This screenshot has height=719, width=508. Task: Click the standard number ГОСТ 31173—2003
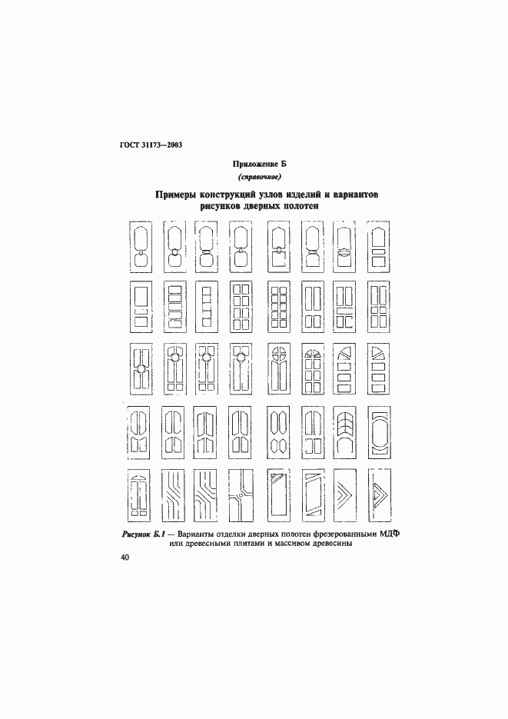[x=150, y=145]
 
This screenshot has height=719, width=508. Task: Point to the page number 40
[x=125, y=558]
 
